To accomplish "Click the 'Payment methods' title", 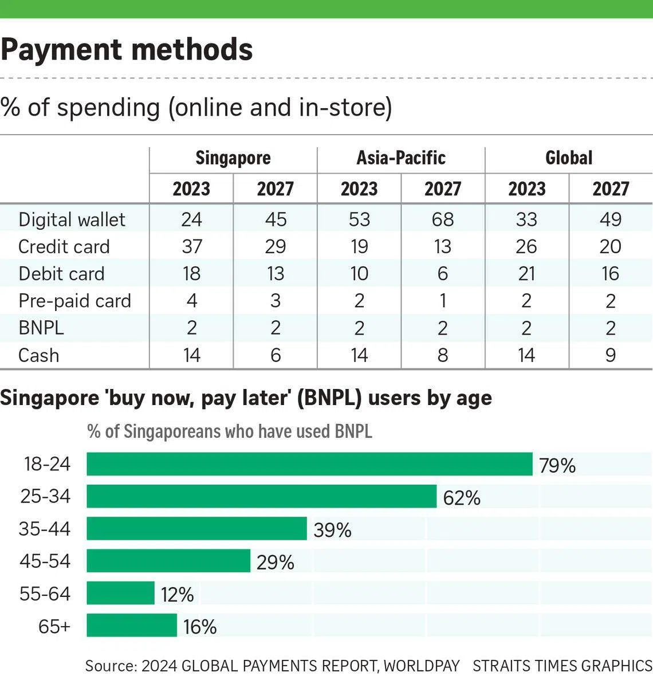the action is pos(127,50).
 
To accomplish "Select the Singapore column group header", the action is pos(233,158).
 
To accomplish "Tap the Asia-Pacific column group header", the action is pos(401,158).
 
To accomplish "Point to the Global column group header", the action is pos(569,158).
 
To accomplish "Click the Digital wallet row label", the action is pos(72,219).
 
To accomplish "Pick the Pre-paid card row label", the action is pos(74,301).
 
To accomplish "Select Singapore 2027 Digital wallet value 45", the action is pos(276,219).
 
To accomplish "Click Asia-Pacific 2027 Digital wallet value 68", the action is pos(443,219).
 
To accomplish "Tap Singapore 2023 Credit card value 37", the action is pos(192,246).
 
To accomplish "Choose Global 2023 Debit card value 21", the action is pos(527,274).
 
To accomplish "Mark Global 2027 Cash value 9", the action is pos(611,355).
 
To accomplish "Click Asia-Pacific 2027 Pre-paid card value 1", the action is pos(443,301).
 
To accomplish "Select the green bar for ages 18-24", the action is pos(309,464).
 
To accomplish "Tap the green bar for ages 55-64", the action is pos(121,593).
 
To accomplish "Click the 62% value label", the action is pos(462,498).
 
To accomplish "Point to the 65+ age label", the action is pos(54,626).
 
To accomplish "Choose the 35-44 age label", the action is pos(45,529).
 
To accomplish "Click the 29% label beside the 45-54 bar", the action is pos(276,563).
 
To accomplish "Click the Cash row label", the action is pos(39,355).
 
